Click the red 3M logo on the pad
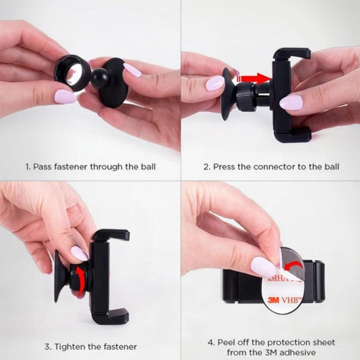[272, 300]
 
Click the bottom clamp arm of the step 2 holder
[292, 134]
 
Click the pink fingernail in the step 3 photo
[80, 253]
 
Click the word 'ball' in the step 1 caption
[147, 166]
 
